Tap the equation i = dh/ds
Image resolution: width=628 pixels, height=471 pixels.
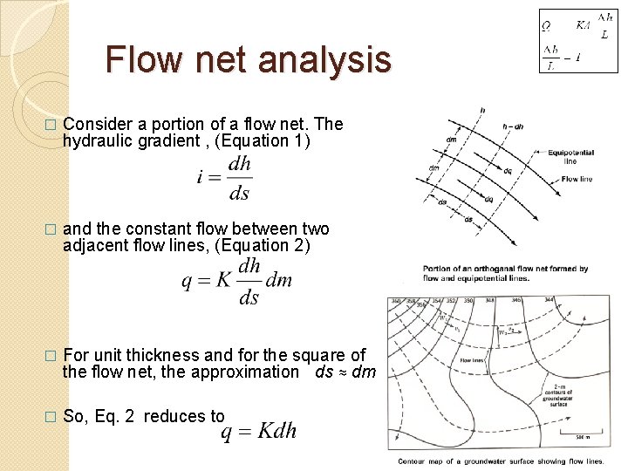(x=225, y=178)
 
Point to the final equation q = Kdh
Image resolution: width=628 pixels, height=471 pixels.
(x=259, y=430)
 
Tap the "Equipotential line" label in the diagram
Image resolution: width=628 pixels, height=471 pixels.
(x=570, y=157)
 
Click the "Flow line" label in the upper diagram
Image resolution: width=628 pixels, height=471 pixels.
(x=577, y=179)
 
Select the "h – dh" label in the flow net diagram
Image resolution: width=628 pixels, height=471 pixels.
(x=514, y=126)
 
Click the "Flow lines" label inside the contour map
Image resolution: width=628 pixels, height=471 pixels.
(x=473, y=360)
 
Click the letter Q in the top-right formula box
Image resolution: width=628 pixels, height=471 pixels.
(x=546, y=26)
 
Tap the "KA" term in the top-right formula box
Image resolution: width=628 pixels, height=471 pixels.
(x=584, y=25)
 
